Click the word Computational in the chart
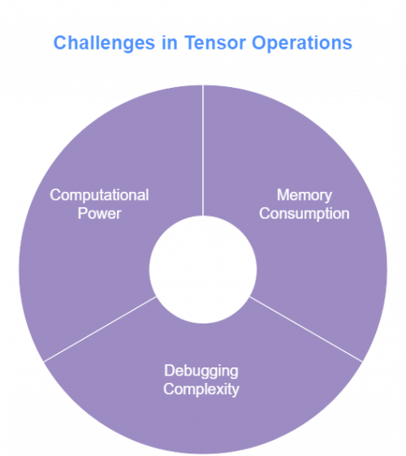click(99, 195)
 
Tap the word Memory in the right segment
click(303, 196)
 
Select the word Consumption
click(303, 214)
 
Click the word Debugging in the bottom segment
click(201, 371)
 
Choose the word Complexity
click(201, 389)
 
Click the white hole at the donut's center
click(202, 268)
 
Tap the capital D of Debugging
click(168, 371)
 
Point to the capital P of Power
click(84, 213)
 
